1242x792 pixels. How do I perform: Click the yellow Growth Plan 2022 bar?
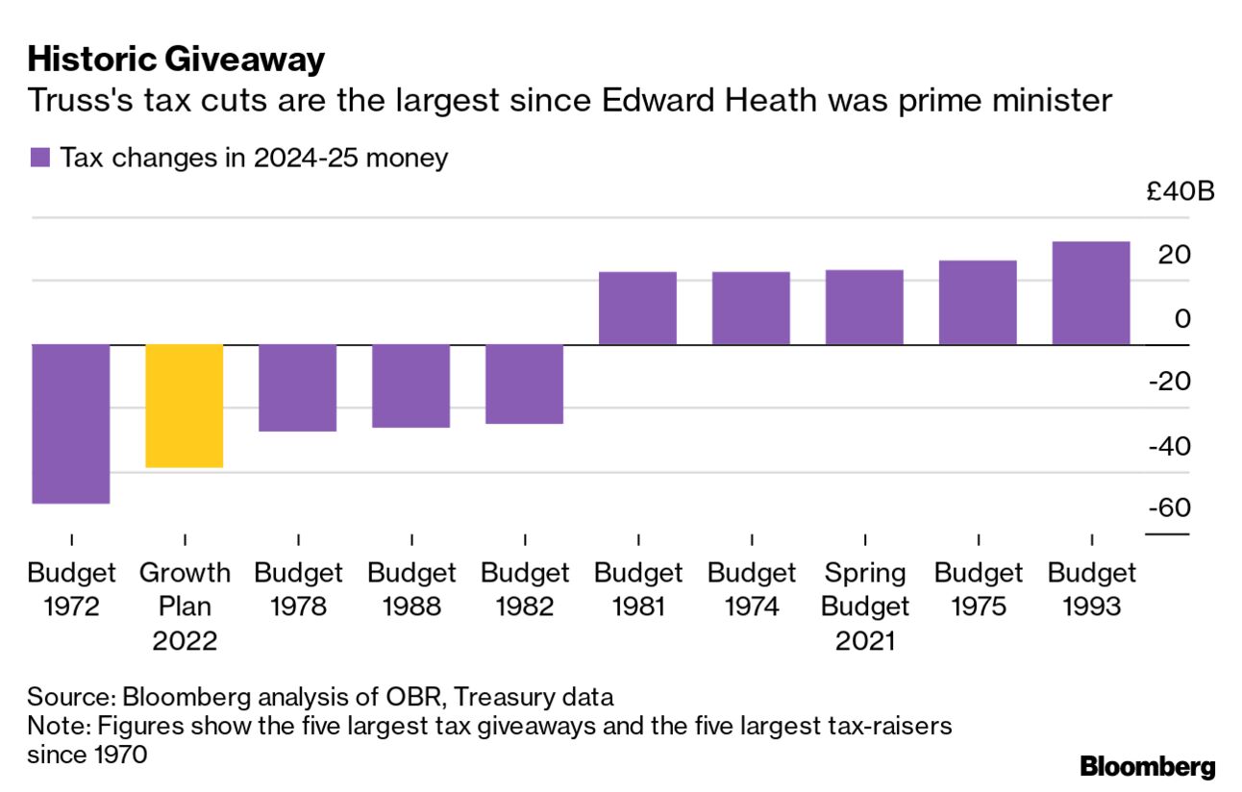pos(185,406)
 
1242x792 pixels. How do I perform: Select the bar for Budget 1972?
pos(71,423)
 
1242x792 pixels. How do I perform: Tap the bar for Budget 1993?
pos(1091,292)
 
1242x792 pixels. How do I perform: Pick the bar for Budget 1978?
pos(298,387)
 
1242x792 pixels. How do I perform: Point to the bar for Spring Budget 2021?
pos(864,307)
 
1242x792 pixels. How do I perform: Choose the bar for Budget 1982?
pos(525,384)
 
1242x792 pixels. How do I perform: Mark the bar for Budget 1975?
pos(978,302)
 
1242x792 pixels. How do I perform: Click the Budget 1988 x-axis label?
pos(411,590)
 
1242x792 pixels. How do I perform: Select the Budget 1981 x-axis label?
pos(638,590)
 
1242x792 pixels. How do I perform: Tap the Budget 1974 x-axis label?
pos(752,590)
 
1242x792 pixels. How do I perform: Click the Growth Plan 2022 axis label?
pos(185,606)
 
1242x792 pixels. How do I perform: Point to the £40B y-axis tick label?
pos(1180,191)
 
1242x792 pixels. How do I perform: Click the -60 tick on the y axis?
pos(1169,507)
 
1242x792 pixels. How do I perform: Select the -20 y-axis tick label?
pos(1169,382)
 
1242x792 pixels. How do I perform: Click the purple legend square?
pos(39,158)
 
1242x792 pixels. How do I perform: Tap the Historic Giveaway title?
pos(176,60)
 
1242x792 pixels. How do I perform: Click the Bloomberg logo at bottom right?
pos(1148,766)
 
